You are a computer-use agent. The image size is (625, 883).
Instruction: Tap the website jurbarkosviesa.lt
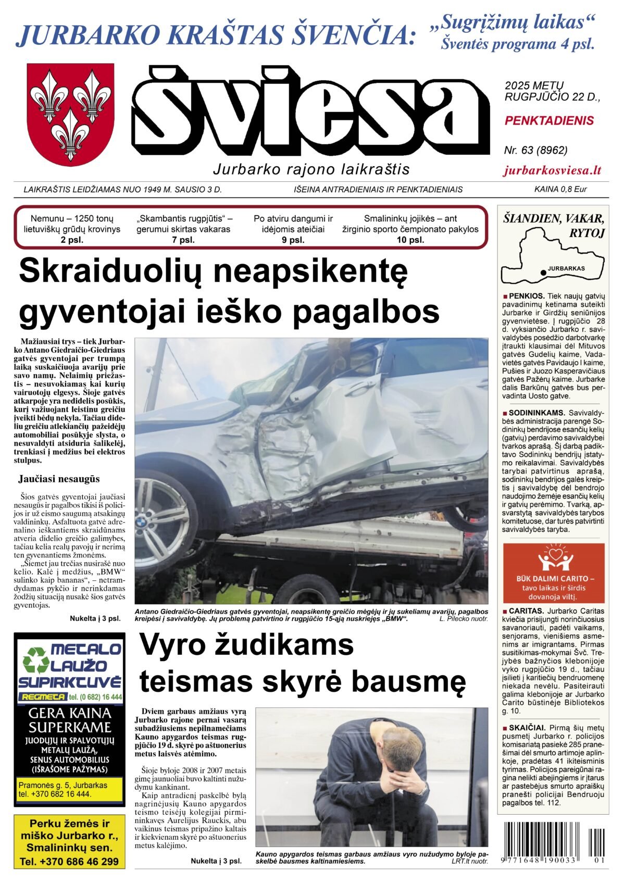pos(553,170)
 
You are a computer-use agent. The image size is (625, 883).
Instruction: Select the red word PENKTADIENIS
pos(549,121)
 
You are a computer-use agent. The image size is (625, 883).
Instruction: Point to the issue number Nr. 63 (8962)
pos(535,150)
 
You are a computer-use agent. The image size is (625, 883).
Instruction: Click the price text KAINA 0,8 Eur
pos(560,189)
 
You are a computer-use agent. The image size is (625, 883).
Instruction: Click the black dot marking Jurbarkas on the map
pos(543,272)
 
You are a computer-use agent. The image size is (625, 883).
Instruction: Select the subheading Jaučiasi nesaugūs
pos(59,479)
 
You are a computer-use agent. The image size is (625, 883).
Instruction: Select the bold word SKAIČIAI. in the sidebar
pos(527,727)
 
